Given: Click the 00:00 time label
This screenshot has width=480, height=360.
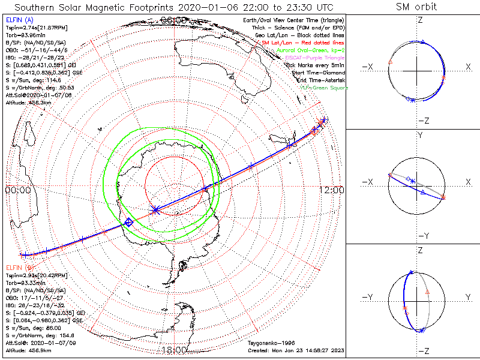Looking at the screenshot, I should [17, 190].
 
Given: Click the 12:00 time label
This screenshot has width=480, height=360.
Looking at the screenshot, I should [332, 190].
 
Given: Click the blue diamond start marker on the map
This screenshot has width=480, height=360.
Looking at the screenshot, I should [128, 223].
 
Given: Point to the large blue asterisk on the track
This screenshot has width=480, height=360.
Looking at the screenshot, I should [155, 210].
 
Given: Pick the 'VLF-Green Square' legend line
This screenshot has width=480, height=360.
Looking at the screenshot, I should [324, 88].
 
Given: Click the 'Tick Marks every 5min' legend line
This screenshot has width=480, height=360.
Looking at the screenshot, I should [316, 65].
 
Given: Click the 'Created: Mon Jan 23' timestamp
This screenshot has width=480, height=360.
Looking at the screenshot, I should [295, 349].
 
